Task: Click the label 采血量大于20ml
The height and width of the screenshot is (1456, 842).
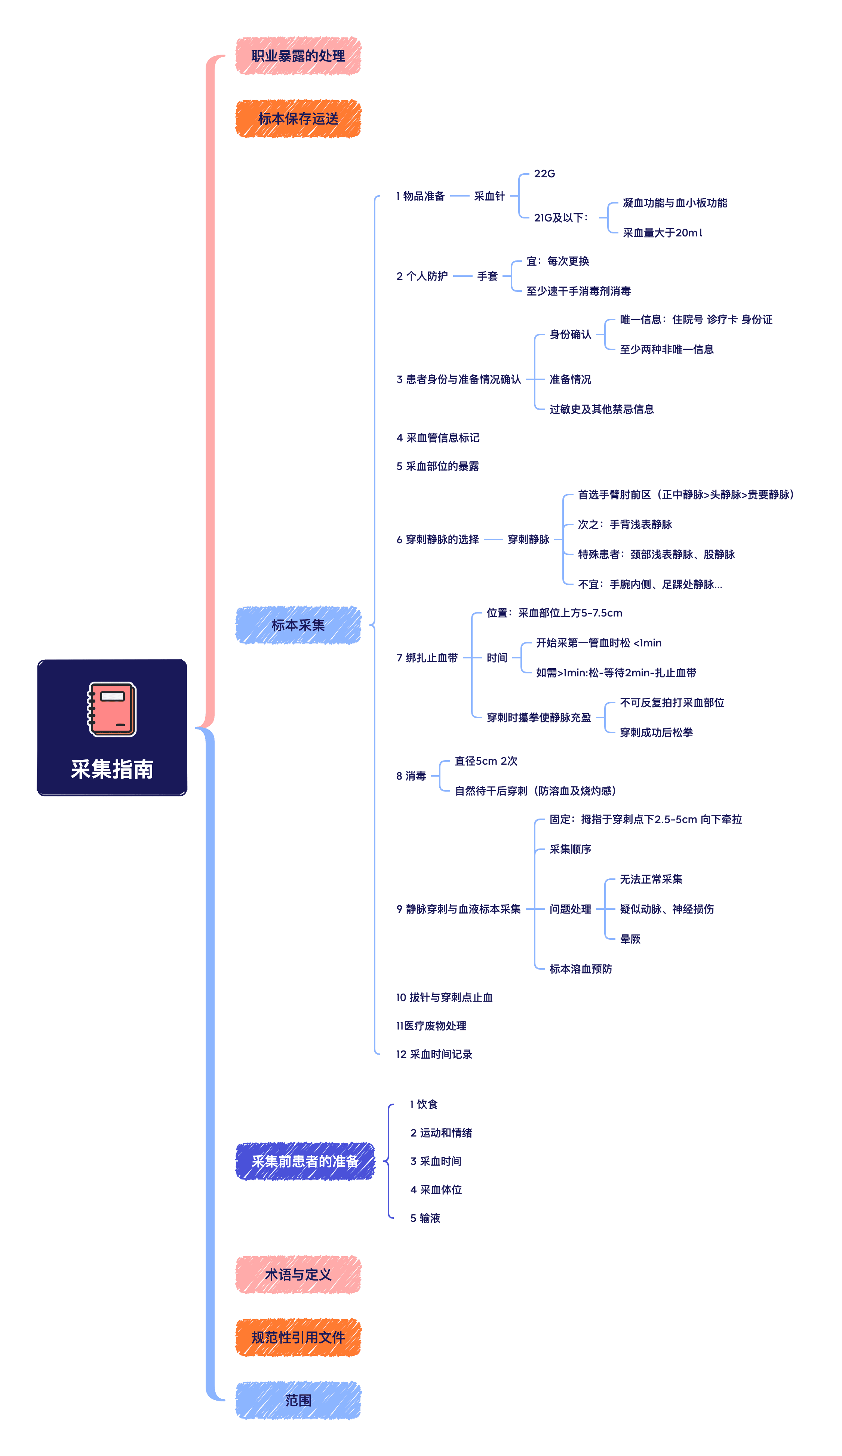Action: coord(662,233)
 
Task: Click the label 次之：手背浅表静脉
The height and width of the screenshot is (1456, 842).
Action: coord(625,524)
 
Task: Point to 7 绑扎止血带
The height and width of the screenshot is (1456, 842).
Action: coord(427,658)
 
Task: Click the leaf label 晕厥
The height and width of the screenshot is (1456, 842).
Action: coord(630,939)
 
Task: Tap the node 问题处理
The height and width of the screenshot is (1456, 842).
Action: coord(570,909)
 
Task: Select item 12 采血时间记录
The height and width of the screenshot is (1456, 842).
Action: coord(434,1055)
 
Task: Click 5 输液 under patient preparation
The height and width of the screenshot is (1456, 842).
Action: coord(425,1218)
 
